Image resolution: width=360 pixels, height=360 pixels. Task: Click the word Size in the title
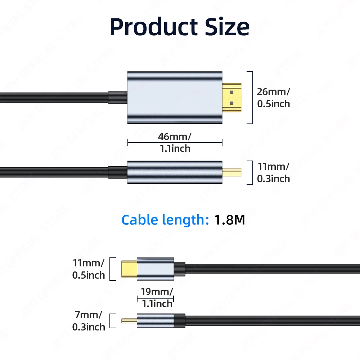coord(226,27)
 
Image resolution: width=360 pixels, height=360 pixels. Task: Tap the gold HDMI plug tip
coord(232,97)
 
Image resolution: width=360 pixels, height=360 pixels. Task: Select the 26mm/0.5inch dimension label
coord(273,98)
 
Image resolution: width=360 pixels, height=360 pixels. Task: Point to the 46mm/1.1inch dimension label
coord(175,142)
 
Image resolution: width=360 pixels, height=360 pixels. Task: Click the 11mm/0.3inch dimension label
coord(273,172)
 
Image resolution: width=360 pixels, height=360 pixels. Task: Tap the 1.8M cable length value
coord(230,220)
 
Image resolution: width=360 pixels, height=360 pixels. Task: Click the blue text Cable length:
coord(165,220)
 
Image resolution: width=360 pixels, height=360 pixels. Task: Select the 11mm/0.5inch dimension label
coord(89,269)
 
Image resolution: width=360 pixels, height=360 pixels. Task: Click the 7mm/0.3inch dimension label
coord(89,321)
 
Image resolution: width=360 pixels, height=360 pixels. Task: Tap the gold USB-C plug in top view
coord(129,269)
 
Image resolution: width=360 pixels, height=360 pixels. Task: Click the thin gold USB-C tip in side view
coord(129,320)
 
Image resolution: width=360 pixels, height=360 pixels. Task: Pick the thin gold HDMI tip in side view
coord(232,172)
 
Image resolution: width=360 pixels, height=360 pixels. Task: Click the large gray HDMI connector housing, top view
coord(175,98)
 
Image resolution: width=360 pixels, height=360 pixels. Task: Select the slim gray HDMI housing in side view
coord(175,172)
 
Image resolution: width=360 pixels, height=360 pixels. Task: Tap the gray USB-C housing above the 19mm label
coord(155,269)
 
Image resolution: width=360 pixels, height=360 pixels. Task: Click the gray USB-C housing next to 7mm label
coord(155,320)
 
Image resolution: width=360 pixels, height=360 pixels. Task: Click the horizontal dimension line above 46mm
coord(175,143)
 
